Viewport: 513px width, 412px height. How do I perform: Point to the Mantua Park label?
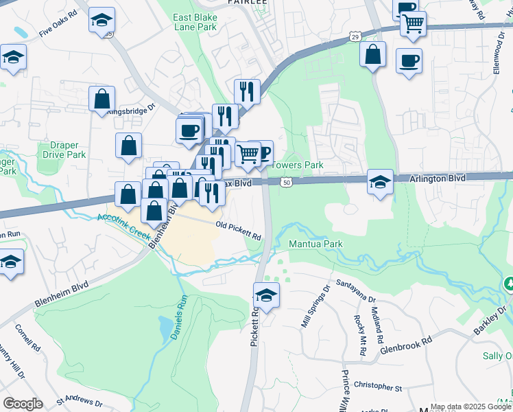[x=315, y=244]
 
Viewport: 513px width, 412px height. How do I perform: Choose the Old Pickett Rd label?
[x=238, y=230]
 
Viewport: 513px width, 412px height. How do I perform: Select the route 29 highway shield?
[x=355, y=35]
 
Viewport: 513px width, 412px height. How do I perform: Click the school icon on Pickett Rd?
[x=266, y=296]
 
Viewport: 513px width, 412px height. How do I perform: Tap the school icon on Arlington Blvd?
[x=380, y=181]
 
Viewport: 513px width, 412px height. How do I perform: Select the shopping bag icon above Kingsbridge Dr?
[x=102, y=98]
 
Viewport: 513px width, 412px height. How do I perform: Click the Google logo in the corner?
[x=23, y=403]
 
